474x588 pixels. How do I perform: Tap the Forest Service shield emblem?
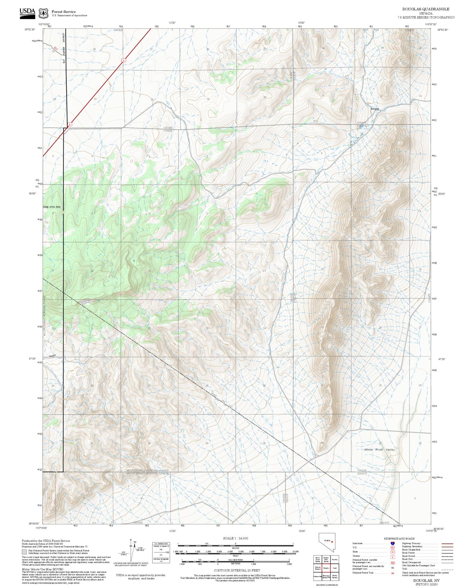point(43,14)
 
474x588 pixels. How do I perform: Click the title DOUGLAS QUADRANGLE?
point(426,9)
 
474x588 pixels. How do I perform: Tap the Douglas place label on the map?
point(375,109)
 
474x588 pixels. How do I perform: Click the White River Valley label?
point(379,450)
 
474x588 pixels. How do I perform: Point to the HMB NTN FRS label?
point(52,207)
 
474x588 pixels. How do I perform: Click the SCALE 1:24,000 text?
point(235,538)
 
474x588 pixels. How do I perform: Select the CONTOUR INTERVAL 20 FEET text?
point(237,570)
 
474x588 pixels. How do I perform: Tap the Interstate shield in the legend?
point(392,543)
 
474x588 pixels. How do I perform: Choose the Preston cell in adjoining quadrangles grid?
point(335,559)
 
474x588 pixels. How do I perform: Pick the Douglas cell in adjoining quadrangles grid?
point(326,568)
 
